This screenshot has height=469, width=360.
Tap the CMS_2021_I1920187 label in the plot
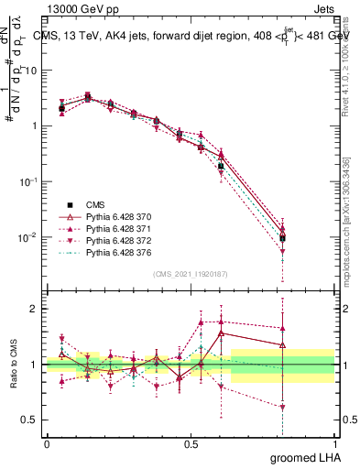pos(190,273)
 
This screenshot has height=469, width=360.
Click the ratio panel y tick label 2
pos(34,309)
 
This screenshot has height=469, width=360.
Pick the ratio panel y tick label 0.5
pos(29,420)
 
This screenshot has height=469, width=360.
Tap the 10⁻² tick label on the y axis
pos(27,237)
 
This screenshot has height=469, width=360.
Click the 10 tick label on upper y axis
pos(29,70)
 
